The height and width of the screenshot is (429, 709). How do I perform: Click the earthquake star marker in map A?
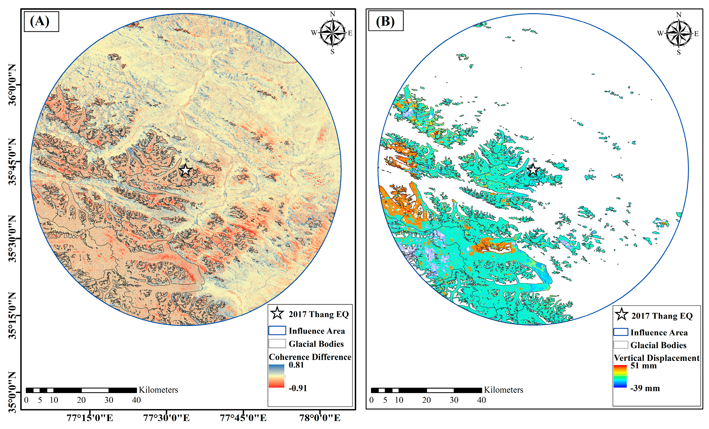(186, 170)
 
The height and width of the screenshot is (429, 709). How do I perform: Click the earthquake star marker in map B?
(533, 170)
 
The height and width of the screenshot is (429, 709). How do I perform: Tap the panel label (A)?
(40, 21)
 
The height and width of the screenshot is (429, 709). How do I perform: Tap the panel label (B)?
(385, 21)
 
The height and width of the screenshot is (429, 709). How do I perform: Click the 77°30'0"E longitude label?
(166, 418)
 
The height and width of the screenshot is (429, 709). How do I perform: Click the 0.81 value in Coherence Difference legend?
(296, 365)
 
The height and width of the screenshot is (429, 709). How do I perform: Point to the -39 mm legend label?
(645, 388)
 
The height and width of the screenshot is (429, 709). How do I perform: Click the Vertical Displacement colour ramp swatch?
(620, 376)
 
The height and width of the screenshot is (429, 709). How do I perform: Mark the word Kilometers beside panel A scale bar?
(158, 390)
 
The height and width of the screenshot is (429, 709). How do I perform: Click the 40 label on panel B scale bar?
(481, 400)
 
